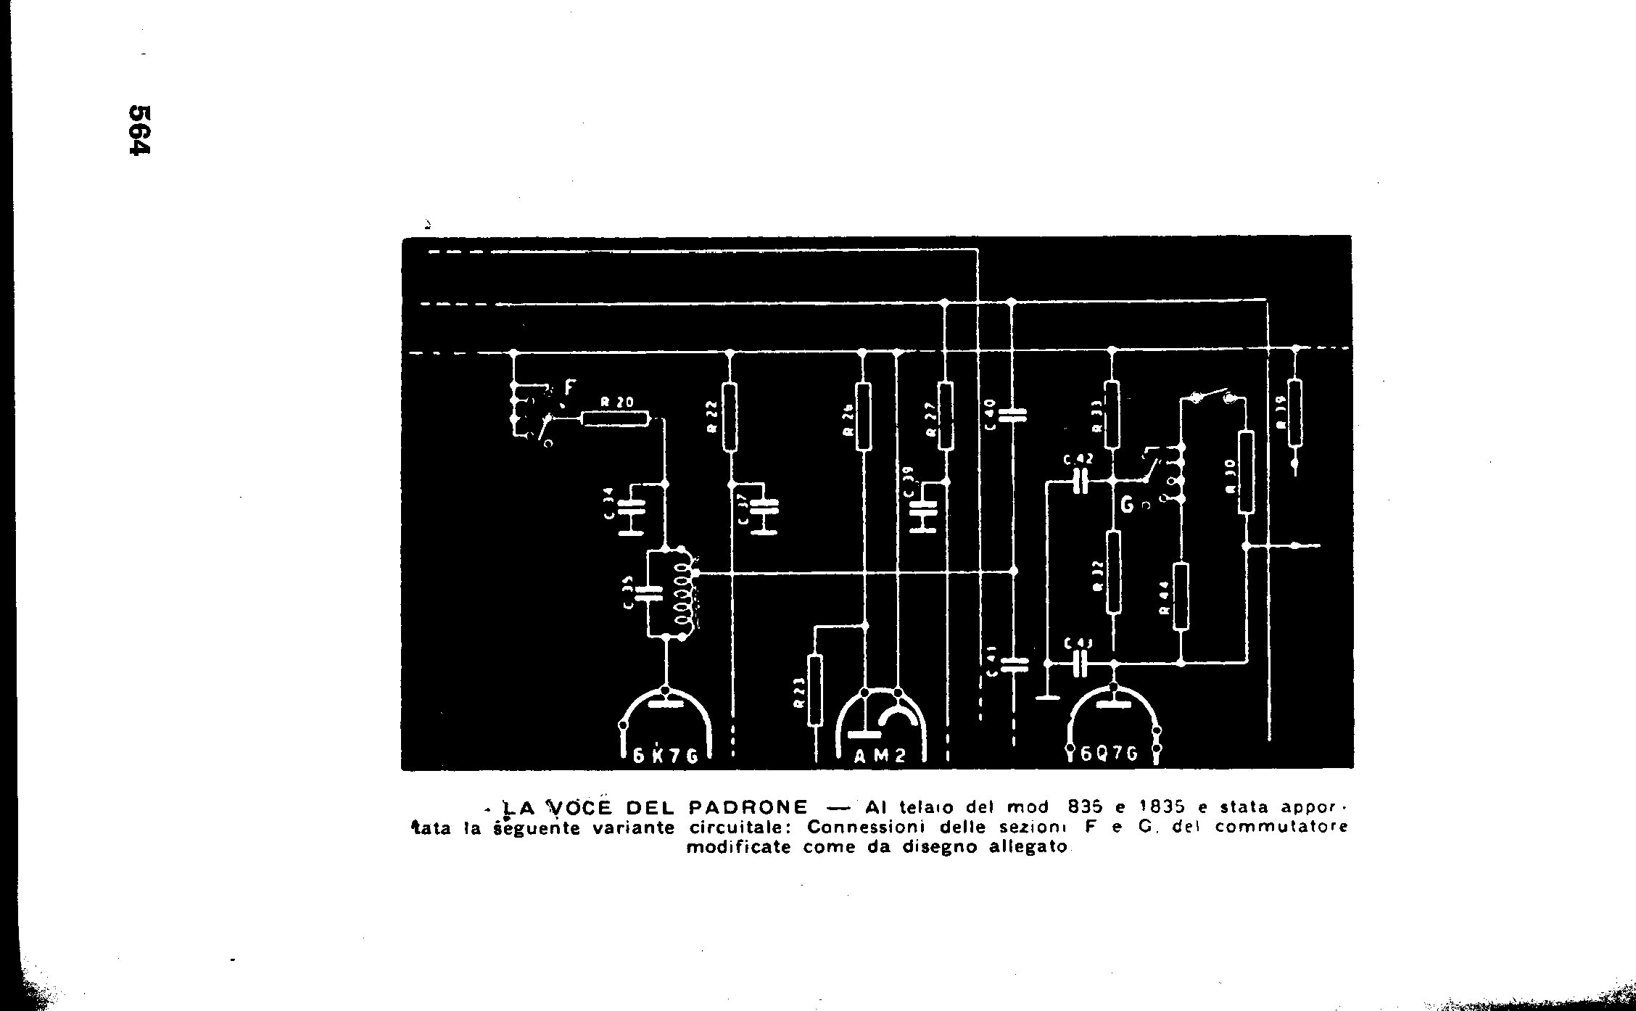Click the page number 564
coord(139,130)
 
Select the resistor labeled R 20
coord(614,418)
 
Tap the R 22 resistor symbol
coord(730,417)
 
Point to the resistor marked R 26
coord(863,417)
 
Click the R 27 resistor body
coord(945,416)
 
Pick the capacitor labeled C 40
coord(1013,415)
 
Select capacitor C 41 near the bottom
coord(1013,664)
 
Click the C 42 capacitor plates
coord(1081,480)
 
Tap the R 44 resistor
coord(1181,596)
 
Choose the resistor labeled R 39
coord(1296,413)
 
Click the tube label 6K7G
coord(665,755)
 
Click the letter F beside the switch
coord(568,388)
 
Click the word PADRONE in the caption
coord(747,807)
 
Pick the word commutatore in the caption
coord(1281,827)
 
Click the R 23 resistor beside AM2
coord(816,689)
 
